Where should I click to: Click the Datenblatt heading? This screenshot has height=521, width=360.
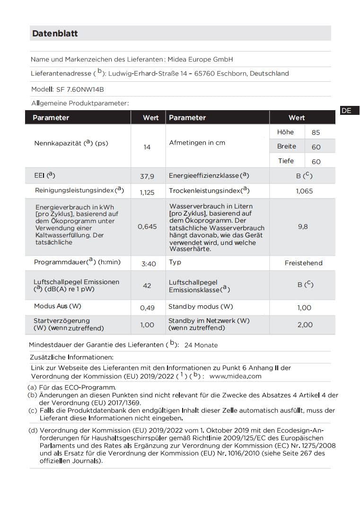(55, 34)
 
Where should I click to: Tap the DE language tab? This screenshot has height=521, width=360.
(346, 111)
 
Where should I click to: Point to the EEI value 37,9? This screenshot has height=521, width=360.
(147, 176)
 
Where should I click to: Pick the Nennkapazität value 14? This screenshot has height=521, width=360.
(147, 147)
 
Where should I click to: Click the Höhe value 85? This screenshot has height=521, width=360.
(316, 133)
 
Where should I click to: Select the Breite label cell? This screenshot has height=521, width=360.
(287, 147)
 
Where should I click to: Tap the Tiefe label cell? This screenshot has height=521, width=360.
(286, 161)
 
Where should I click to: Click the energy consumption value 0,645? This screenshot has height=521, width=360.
(147, 226)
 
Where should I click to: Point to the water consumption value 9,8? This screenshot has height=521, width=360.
(303, 226)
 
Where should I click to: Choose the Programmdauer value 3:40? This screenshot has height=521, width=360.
(149, 264)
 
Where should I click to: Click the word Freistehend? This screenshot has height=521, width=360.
(303, 263)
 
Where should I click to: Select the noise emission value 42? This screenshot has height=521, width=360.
(147, 286)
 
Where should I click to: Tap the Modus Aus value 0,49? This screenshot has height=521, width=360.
(147, 308)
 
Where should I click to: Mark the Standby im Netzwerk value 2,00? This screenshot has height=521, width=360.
(305, 324)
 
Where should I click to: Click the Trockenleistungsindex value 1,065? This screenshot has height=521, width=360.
(304, 191)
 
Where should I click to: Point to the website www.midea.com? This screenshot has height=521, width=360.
(235, 376)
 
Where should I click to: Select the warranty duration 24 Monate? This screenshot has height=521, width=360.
(201, 345)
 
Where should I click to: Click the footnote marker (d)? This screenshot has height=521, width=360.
(33, 431)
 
